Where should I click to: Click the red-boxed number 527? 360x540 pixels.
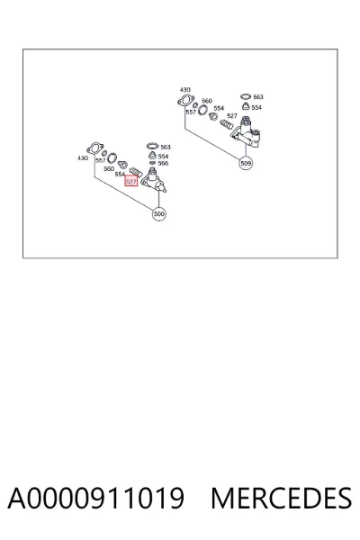click(x=131, y=181)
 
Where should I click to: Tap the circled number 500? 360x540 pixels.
click(x=158, y=214)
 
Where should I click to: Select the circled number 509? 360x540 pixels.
click(x=246, y=163)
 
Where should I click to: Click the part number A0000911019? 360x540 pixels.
click(x=96, y=498)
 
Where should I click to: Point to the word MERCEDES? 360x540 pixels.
click(x=281, y=498)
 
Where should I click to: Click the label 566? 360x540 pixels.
click(x=163, y=164)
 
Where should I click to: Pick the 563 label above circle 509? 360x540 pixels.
click(x=258, y=97)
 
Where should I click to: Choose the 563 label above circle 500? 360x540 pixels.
click(x=166, y=147)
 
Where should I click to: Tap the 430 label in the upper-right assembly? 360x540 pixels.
click(x=185, y=90)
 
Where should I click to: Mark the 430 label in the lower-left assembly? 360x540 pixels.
click(x=83, y=158)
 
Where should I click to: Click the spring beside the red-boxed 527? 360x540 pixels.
click(x=135, y=171)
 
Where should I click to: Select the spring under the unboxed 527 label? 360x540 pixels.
click(x=226, y=123)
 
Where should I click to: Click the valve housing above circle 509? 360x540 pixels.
click(x=247, y=133)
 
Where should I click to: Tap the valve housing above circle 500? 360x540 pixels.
click(x=155, y=180)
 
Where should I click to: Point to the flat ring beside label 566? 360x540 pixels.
click(x=152, y=163)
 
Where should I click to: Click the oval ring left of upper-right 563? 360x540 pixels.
click(x=246, y=97)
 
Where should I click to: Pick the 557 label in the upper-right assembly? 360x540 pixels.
click(x=191, y=112)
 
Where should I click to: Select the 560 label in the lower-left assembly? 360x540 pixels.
click(x=109, y=169)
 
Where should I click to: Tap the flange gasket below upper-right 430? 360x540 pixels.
click(x=185, y=100)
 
